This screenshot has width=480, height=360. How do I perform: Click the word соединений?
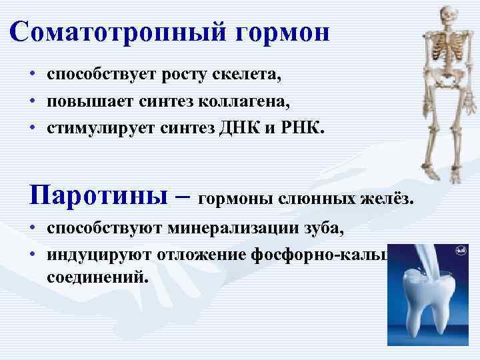pos(94,275)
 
